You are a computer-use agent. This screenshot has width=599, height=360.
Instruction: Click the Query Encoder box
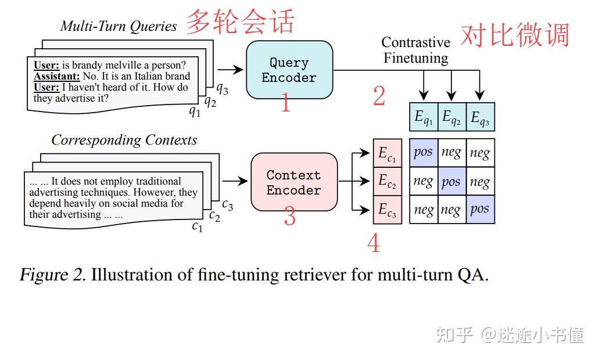click(x=289, y=70)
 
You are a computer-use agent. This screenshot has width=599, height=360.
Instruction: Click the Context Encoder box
click(x=294, y=182)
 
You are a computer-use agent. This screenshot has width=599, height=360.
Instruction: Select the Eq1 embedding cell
click(x=424, y=117)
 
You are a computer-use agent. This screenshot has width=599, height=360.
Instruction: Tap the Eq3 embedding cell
click(x=480, y=117)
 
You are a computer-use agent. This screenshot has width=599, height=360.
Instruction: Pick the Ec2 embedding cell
click(x=388, y=181)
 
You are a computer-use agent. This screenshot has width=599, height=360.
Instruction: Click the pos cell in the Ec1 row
click(x=424, y=153)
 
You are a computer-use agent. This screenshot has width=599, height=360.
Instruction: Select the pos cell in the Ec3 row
click(x=480, y=209)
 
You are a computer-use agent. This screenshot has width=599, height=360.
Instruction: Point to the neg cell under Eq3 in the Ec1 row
click(x=480, y=153)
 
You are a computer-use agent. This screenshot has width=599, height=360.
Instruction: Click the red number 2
click(x=379, y=96)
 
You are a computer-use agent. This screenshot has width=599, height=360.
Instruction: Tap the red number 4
click(x=374, y=243)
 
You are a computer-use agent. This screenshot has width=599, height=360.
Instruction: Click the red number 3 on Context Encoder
click(x=289, y=215)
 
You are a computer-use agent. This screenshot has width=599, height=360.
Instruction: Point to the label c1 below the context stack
click(x=197, y=226)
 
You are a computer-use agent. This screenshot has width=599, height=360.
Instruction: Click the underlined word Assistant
click(x=56, y=76)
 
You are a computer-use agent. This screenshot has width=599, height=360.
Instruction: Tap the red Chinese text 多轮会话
click(x=241, y=21)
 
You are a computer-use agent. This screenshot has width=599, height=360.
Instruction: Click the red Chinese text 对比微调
click(x=515, y=35)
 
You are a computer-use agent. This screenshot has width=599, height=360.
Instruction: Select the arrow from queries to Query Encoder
click(x=230, y=70)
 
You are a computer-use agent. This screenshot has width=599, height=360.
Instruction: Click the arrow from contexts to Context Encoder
click(x=235, y=181)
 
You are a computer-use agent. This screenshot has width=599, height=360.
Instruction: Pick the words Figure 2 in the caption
click(x=53, y=275)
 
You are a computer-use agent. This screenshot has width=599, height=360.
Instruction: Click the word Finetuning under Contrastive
click(x=415, y=58)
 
